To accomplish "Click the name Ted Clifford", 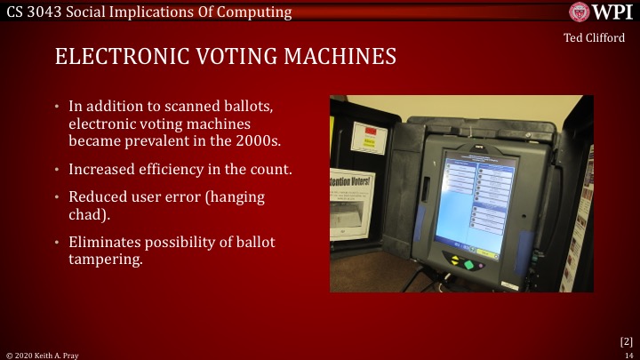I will pyautogui.click(x=594, y=37).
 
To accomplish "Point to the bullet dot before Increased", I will pyautogui.click(x=58, y=169).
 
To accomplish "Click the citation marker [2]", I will pyautogui.click(x=625, y=340).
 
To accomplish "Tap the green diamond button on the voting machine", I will pyautogui.click(x=457, y=262).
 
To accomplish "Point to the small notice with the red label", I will pyautogui.click(x=369, y=139).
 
